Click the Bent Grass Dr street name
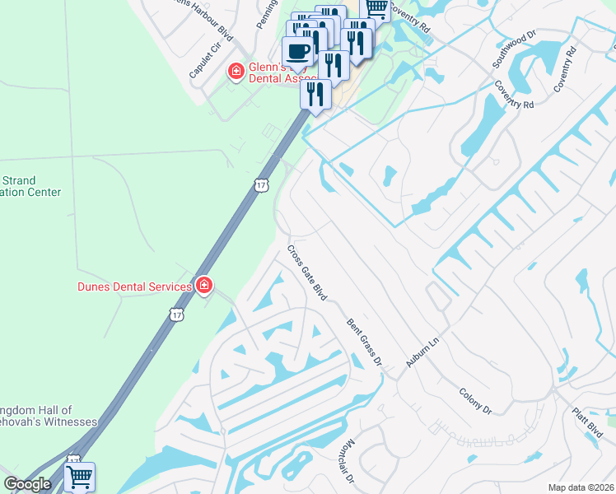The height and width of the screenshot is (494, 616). point(365,342)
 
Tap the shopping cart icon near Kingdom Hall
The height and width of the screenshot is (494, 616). point(80,476)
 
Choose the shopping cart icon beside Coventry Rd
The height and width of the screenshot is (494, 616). point(376,8)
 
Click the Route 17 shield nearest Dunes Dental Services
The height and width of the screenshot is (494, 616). point(176,315)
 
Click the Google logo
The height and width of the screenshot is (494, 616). point(28,484)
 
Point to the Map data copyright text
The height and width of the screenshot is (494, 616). point(580,487)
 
